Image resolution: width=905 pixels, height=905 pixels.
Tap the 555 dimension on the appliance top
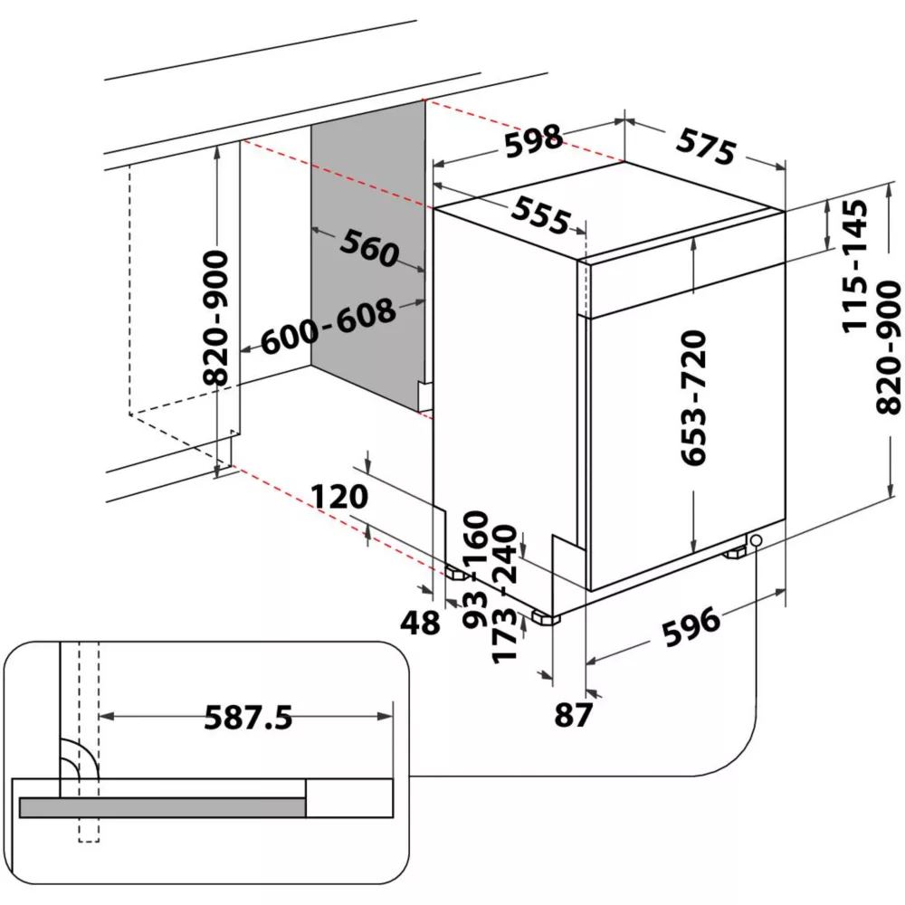click(x=541, y=214)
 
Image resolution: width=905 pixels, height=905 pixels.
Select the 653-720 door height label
click(x=693, y=398)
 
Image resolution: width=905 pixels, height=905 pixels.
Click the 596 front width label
click(x=690, y=624)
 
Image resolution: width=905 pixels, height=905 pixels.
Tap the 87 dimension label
click(x=573, y=715)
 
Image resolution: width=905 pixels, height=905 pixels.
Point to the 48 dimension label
click(x=420, y=623)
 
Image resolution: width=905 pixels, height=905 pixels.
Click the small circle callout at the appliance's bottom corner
click(x=755, y=541)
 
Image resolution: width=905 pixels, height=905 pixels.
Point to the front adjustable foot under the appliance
click(x=545, y=619)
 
